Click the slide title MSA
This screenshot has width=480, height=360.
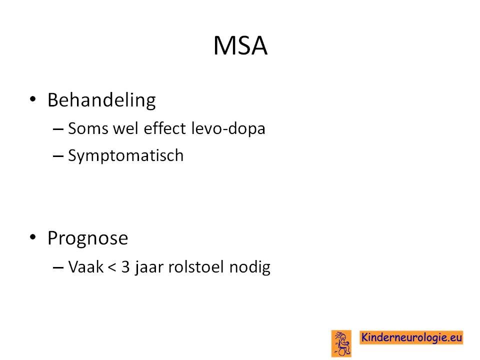[x=240, y=46]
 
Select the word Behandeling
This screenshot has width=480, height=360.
[x=101, y=100]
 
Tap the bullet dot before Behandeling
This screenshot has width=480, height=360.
[x=33, y=99]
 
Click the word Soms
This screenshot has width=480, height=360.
[x=88, y=128]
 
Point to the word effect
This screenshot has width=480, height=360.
[x=164, y=128]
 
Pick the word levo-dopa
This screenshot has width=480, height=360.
[x=228, y=128]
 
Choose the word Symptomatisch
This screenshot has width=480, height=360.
[x=126, y=155]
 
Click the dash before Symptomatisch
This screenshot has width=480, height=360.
[x=58, y=156]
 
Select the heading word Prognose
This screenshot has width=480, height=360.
[x=88, y=239]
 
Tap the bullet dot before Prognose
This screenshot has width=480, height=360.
[x=33, y=237]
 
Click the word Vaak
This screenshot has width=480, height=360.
[x=85, y=266]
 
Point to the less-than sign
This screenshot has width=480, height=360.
[x=112, y=267]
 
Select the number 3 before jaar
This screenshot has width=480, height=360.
[x=125, y=266]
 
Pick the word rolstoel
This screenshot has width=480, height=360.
[x=196, y=266]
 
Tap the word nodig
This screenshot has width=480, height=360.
[x=250, y=267]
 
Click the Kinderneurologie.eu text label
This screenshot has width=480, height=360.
[x=411, y=337]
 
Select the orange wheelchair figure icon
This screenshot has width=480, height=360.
[x=341, y=343]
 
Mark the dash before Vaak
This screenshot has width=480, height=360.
[x=58, y=267]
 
